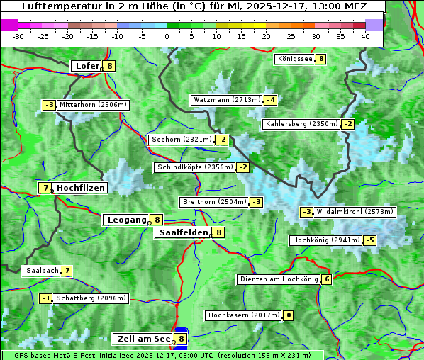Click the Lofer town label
pos(87,66)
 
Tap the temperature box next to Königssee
pos(320,59)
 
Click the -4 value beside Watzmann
pos(270,100)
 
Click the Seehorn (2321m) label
pos(182,140)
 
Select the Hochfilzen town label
pos(81,188)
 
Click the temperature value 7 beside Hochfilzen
pos(45,188)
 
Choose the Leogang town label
pos(126,220)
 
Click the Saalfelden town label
pos(184,232)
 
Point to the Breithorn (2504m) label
pos(213,202)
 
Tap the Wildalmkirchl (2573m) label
pos(355,212)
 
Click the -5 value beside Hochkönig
pos(369,240)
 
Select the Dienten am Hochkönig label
pos(278,279)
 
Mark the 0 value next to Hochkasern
pos(288,315)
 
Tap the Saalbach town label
pos(41,271)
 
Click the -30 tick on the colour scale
pos(18,35)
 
